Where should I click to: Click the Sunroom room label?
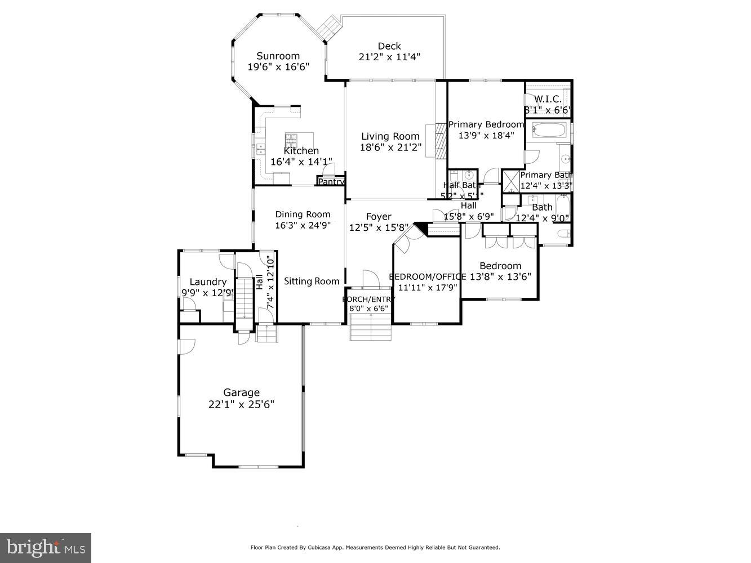(x=278, y=56)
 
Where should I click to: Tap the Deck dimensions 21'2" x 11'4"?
(x=389, y=57)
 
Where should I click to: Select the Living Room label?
(x=390, y=136)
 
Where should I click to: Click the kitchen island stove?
(x=291, y=138)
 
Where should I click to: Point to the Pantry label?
(x=331, y=182)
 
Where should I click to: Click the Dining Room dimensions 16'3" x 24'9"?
(x=303, y=225)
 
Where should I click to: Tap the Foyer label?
(x=379, y=217)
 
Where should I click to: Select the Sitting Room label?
(x=312, y=281)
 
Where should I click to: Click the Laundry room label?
(x=208, y=282)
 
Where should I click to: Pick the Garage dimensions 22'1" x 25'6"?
(x=241, y=404)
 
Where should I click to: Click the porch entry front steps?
(x=371, y=328)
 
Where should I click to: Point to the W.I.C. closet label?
(x=548, y=99)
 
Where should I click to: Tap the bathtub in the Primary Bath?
(x=549, y=131)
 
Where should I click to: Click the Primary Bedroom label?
(x=486, y=124)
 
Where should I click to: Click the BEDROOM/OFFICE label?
(x=427, y=276)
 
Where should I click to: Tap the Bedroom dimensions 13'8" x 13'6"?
(x=500, y=276)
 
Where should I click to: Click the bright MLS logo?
(x=46, y=547)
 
